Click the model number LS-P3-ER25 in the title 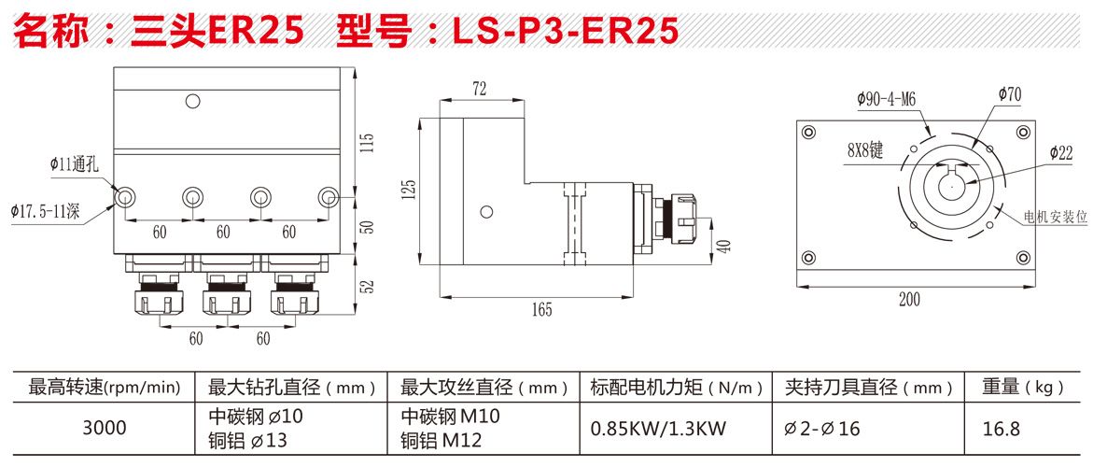pos(565,31)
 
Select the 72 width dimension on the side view pos(480,89)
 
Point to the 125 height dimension pos(408,191)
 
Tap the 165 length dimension pos(542,308)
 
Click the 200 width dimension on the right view pos(909,299)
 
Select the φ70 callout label pos(1009,93)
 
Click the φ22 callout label pos(1060,152)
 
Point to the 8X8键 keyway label pos(864,149)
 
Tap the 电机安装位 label pos(1056,217)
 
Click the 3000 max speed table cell pos(104,428)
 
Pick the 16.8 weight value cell pos(1002,429)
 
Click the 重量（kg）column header pos(1023,386)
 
